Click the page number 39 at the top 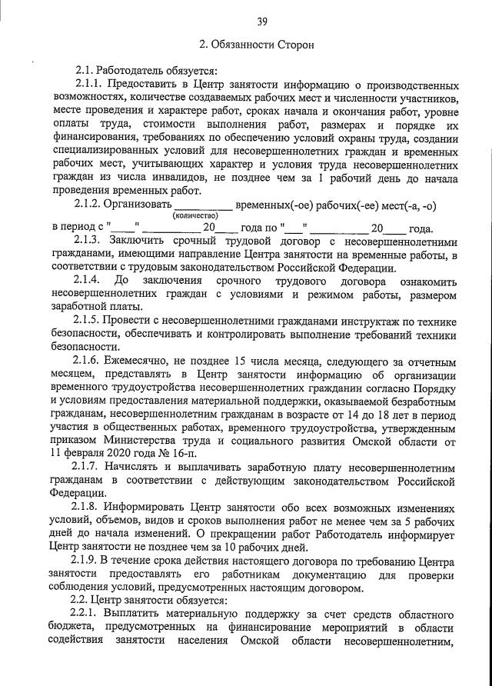coord(262,21)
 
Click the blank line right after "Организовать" coord(202,206)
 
